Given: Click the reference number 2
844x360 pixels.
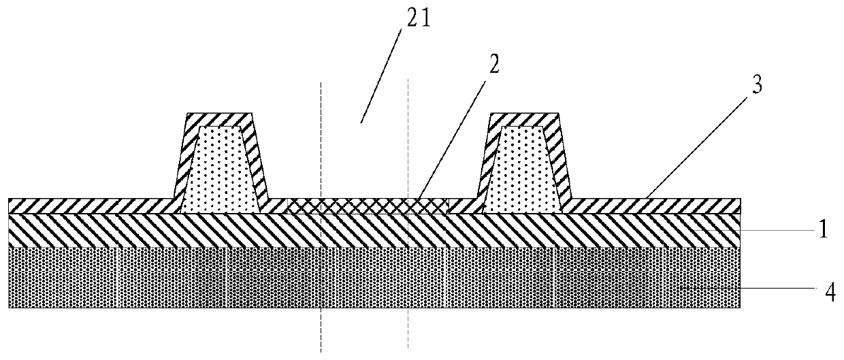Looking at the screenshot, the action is (x=494, y=67).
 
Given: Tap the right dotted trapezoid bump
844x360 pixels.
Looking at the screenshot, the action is (x=521, y=170).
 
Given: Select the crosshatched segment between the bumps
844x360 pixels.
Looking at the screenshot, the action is (x=368, y=206).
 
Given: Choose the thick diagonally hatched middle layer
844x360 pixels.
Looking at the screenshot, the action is (x=204, y=230).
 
